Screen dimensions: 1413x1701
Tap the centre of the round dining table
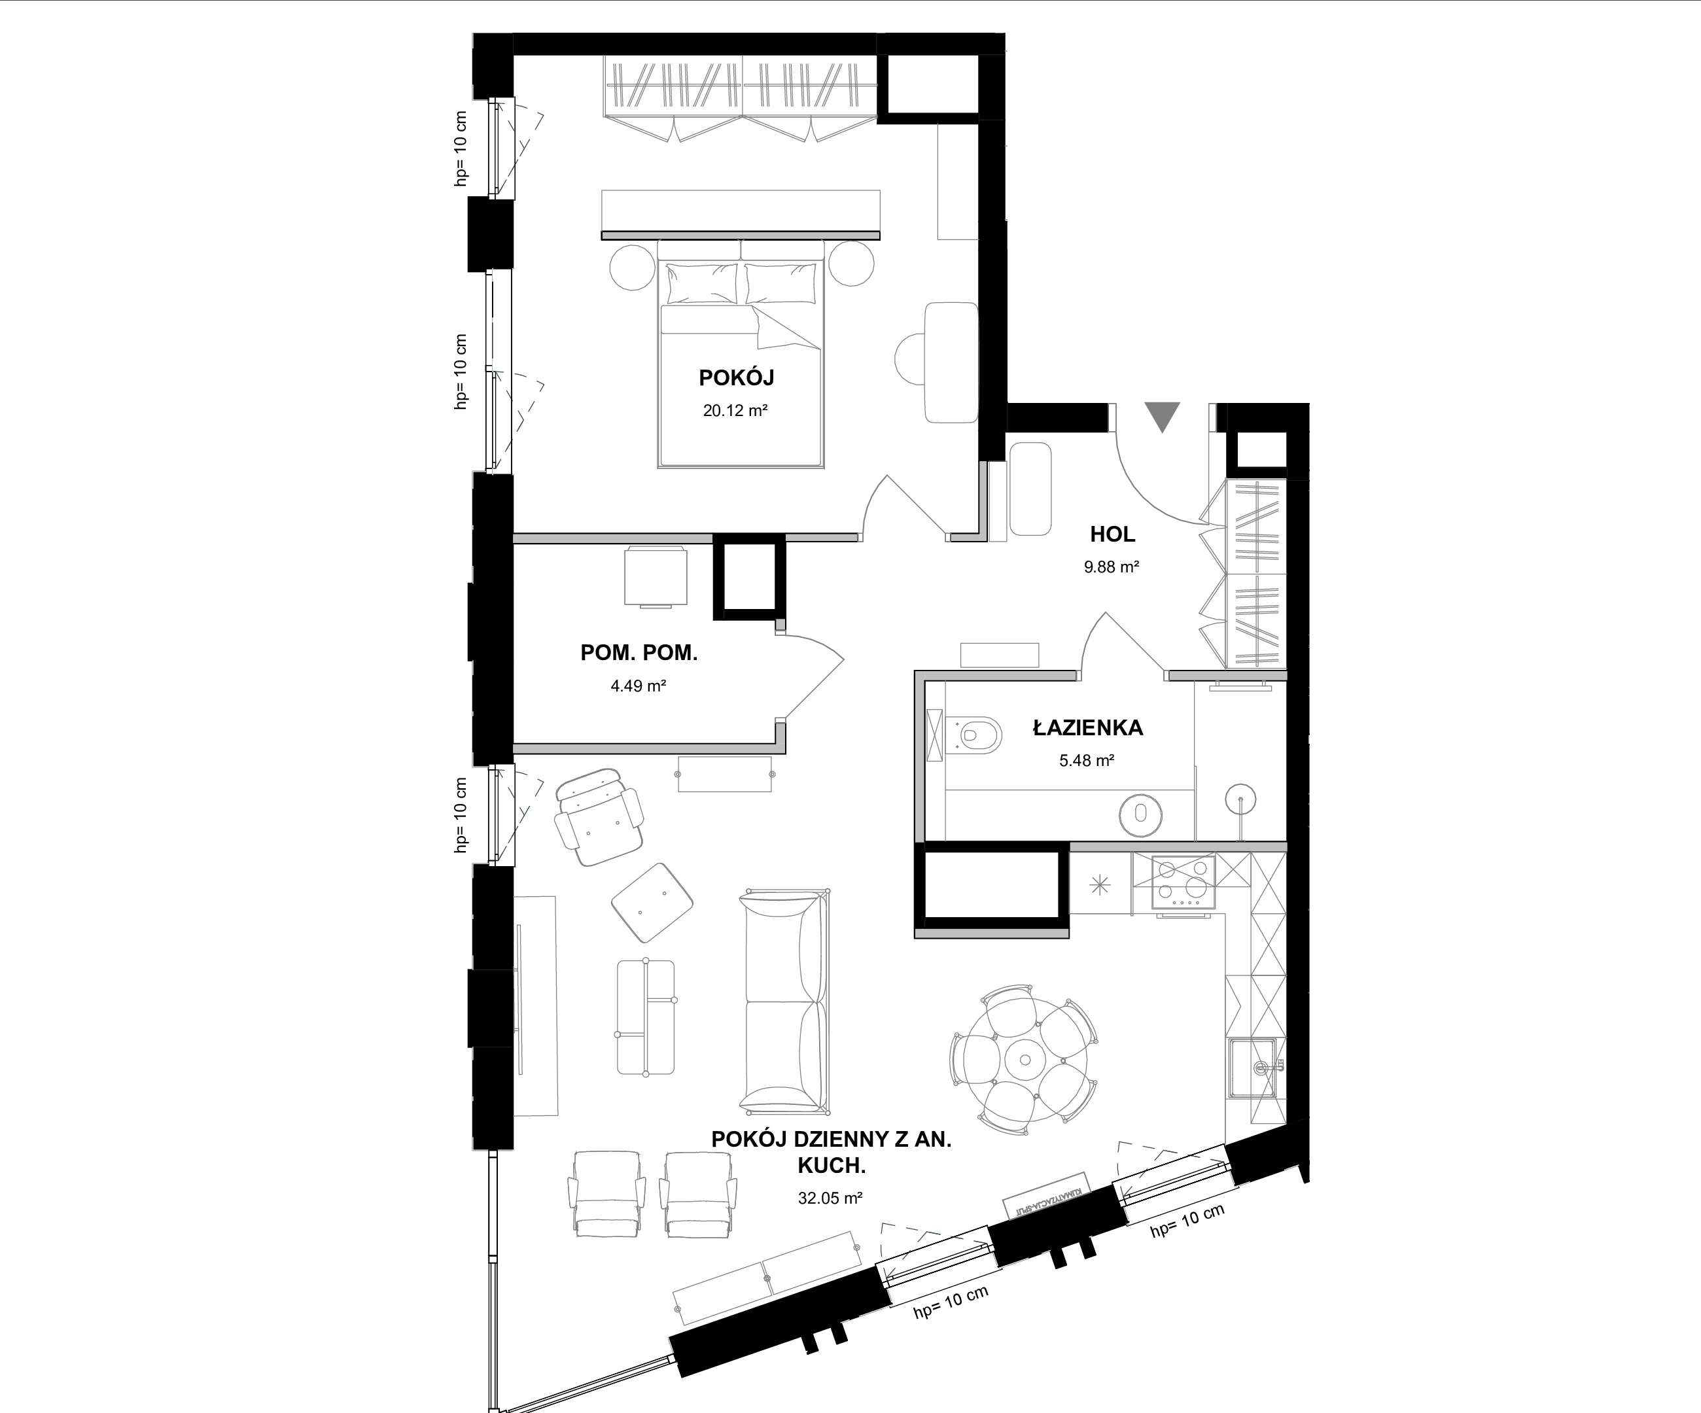click(x=1025, y=1059)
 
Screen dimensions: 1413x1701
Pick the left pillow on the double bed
click(x=701, y=284)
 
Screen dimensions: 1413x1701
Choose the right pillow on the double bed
click(x=780, y=284)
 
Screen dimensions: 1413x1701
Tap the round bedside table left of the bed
click(x=632, y=265)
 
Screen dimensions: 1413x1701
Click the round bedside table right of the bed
click(x=851, y=263)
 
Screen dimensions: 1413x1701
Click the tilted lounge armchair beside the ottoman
click(x=599, y=817)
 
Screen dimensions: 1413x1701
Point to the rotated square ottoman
click(x=652, y=903)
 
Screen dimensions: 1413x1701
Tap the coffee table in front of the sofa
click(x=646, y=1018)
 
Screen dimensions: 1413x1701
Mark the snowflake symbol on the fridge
click(x=1100, y=885)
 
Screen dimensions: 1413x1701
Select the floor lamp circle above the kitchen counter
click(x=1240, y=800)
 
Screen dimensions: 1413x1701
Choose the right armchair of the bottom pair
click(x=698, y=1194)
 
